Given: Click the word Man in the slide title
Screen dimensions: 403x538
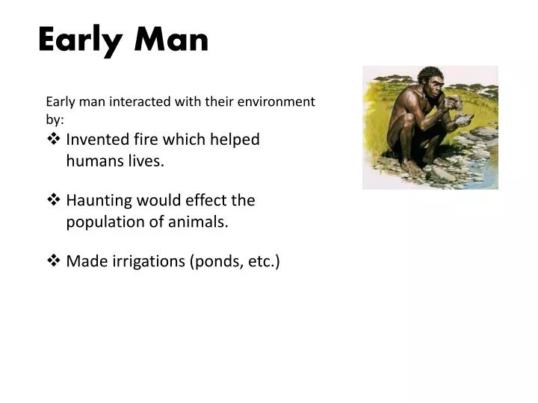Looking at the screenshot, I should point(172,40).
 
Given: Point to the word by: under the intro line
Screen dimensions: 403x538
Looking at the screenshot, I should point(55,119).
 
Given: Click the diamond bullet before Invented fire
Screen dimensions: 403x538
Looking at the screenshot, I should point(53,140).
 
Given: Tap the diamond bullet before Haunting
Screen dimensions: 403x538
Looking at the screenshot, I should point(53,201).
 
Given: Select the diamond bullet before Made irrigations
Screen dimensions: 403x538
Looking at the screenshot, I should point(53,261).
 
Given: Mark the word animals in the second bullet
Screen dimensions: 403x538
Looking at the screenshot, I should point(200,222).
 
